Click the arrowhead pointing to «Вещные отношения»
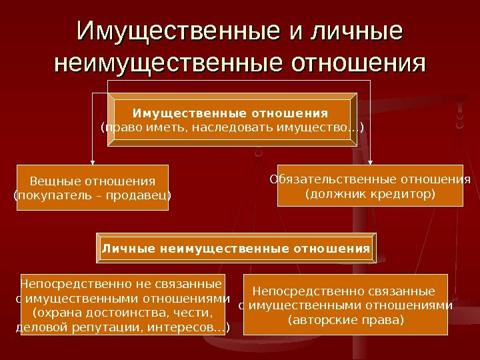pyautogui.click(x=93, y=161)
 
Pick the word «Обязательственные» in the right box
pyautogui.click(x=333, y=179)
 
